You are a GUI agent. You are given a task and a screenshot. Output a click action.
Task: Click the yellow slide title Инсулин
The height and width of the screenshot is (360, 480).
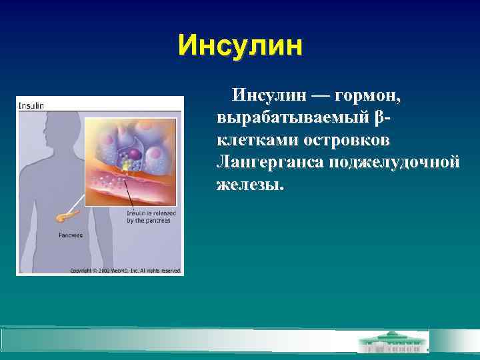[240, 47]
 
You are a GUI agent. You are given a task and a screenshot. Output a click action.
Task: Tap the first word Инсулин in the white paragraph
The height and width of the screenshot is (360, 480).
[265, 97]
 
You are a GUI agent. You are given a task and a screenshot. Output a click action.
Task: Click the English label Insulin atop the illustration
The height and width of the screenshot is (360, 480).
[31, 105]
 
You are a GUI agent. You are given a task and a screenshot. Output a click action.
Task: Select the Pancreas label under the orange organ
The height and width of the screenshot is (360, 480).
[71, 235]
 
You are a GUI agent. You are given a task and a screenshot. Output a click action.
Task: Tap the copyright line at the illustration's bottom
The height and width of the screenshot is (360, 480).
[126, 271]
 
